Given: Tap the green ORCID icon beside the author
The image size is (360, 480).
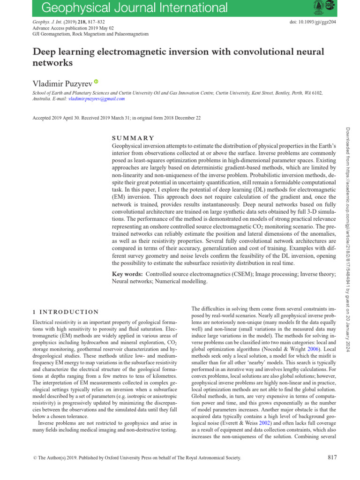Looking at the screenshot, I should coord(97,82).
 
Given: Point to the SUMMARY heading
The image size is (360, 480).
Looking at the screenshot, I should coord(133,138).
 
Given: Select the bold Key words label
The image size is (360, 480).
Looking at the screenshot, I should coord(128,273).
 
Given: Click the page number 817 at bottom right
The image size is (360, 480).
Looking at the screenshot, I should coord(330,457).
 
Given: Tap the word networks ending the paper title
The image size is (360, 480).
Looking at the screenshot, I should coord(53,62).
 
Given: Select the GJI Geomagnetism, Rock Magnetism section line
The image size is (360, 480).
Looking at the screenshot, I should coord(90,34).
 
